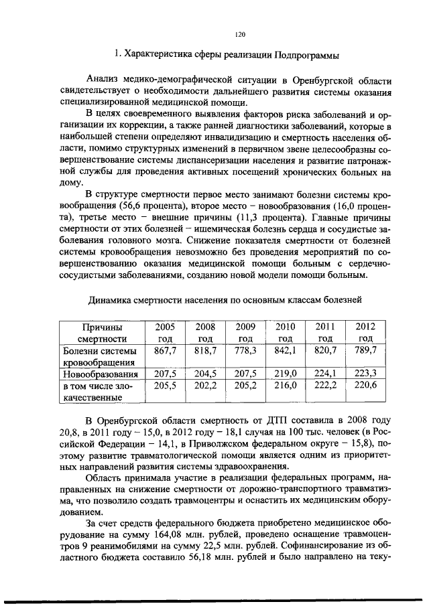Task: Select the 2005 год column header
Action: point(165,332)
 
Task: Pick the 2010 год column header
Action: point(286,332)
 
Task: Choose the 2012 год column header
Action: point(365,332)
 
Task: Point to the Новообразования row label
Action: point(100,374)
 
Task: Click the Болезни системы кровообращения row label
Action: point(100,356)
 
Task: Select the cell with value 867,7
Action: point(165,350)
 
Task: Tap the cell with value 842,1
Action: point(286,350)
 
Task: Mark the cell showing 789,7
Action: point(365,350)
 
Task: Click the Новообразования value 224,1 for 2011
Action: point(325,374)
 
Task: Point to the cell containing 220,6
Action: point(365,386)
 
